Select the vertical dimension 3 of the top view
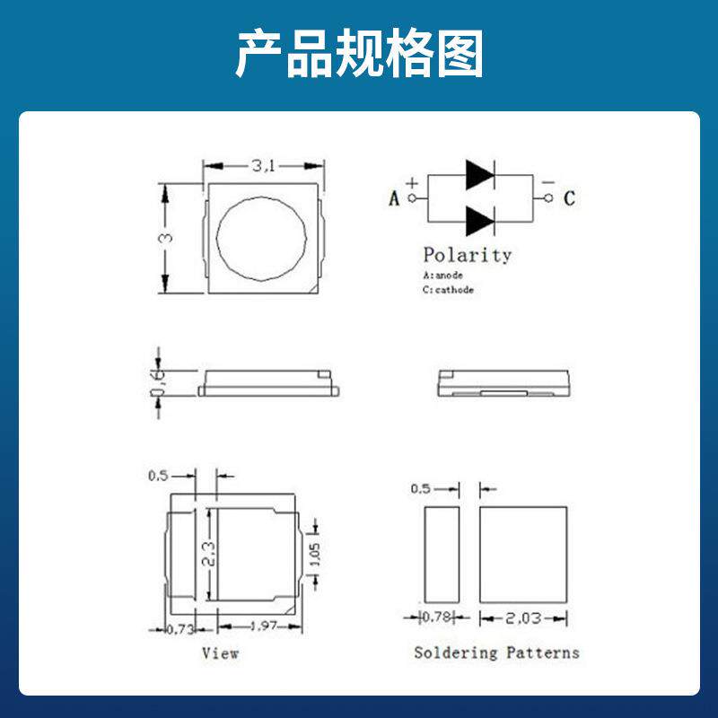165,239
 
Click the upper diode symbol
479,175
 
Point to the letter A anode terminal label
394,198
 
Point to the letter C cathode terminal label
568,198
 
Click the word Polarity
467,255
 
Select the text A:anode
443,276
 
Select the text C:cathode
448,290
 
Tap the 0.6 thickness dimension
158,381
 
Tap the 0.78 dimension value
437,617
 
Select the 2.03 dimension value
523,617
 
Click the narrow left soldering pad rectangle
441,554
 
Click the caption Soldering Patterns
496,652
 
